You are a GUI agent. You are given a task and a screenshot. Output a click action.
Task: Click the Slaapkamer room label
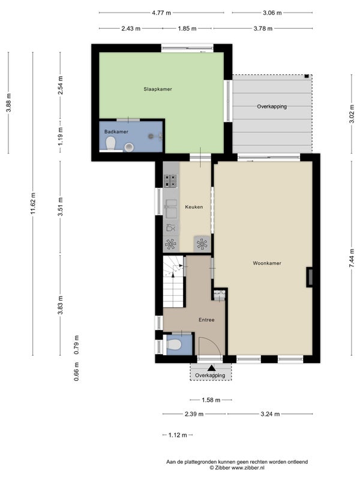click(158, 89)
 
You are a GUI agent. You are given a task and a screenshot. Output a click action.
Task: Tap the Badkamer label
click(116, 131)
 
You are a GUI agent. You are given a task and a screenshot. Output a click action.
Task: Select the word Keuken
click(194, 207)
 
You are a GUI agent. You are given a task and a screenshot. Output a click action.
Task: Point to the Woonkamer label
click(267, 263)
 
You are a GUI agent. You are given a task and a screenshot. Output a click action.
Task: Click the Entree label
click(206, 320)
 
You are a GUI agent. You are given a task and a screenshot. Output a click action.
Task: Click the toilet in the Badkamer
click(110, 143)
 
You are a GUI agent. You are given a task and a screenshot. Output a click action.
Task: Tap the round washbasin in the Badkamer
click(129, 147)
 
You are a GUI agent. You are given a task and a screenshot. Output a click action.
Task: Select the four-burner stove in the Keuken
click(170, 181)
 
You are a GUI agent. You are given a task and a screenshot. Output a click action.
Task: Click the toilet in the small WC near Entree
click(173, 344)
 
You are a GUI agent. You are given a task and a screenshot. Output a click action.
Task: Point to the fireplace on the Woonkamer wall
click(310, 277)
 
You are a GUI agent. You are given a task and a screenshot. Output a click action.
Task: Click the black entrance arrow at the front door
click(211, 368)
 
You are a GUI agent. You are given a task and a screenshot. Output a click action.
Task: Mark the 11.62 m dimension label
click(33, 203)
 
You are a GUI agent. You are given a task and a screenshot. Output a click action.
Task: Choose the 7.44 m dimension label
click(352, 258)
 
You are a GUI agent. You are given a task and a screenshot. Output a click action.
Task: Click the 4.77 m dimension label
click(161, 13)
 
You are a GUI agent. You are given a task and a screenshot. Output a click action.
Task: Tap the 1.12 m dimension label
click(178, 435)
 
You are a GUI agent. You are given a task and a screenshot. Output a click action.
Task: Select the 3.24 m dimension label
click(270, 414)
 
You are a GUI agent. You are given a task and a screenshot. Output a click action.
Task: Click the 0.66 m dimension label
click(77, 371)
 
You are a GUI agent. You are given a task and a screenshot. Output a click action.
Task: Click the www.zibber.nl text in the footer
click(248, 468)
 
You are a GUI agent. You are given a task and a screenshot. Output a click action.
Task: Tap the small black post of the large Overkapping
click(307, 76)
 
